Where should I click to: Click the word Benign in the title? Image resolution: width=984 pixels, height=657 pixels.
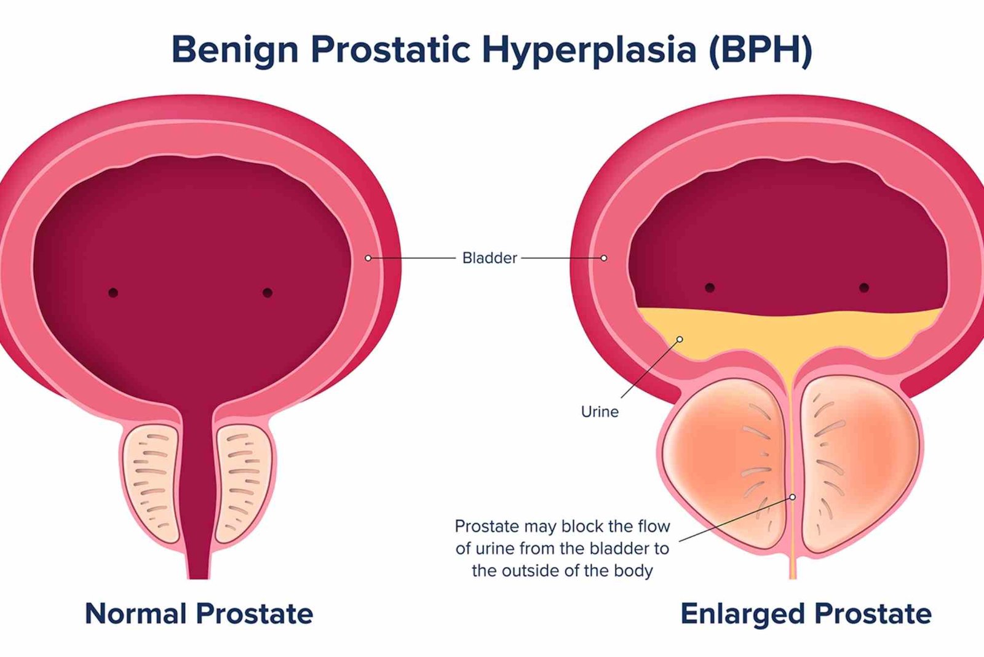[x=234, y=49]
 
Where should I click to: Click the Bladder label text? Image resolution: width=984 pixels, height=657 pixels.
[x=490, y=258]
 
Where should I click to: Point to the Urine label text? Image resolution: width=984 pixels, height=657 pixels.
[x=600, y=412]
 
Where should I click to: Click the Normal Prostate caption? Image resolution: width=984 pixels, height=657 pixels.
[x=199, y=613]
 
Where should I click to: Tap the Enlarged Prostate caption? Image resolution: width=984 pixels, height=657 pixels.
[x=806, y=613]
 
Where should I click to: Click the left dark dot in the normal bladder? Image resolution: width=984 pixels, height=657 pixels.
[x=113, y=293]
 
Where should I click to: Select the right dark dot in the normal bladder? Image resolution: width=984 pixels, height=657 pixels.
[x=268, y=293]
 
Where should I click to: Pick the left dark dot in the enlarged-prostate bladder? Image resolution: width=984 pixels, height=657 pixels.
[x=710, y=287]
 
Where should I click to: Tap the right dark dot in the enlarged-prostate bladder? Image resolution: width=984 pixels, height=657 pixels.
[x=864, y=287]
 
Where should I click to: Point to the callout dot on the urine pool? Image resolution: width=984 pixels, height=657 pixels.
[x=680, y=339]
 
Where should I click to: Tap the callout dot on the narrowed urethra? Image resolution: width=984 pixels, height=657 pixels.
[x=793, y=497]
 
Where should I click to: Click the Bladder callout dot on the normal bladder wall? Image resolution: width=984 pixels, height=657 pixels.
[x=368, y=258]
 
